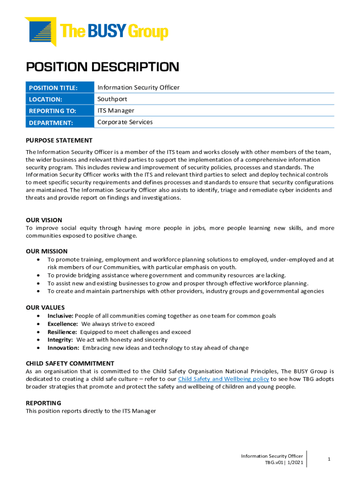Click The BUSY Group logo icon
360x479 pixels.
click(40, 31)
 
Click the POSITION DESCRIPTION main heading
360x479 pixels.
click(102, 67)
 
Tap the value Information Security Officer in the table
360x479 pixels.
click(138, 87)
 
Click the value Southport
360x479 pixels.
click(112, 99)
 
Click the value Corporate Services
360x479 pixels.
click(125, 122)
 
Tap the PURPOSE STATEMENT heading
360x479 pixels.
click(59, 140)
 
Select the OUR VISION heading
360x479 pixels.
click(44, 220)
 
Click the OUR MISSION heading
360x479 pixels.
click(47, 251)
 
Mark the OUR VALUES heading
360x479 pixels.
click(45, 307)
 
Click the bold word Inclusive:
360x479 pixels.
click(60, 316)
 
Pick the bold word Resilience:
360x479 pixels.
click(62, 332)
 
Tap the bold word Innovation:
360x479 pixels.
click(63, 348)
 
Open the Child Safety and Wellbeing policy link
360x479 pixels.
click(223, 379)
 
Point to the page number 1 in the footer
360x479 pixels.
click(329, 459)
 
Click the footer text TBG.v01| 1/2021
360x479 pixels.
click(284, 463)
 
